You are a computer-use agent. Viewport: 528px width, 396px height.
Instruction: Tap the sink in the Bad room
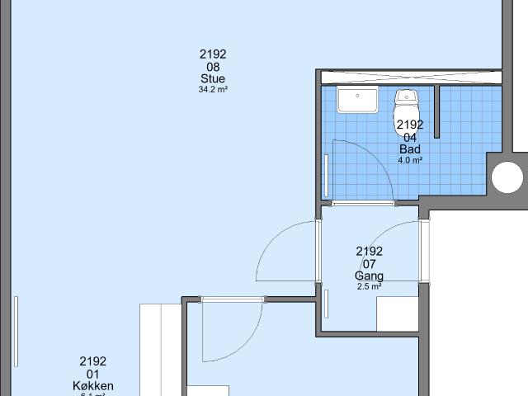pos(357,101)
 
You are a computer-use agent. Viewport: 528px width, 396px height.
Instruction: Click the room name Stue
pos(212,79)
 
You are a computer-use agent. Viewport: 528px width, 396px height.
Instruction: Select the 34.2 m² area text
pos(212,90)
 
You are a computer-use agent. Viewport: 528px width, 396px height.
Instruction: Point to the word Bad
pos(410,149)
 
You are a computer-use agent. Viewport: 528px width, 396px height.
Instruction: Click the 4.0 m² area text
pos(410,160)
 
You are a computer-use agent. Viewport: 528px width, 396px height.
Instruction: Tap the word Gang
pos(369,276)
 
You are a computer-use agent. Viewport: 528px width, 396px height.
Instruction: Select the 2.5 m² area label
pos(369,286)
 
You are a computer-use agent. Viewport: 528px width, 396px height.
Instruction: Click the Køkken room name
pos(92,385)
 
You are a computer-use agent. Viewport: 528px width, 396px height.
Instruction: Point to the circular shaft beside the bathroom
pos(507,177)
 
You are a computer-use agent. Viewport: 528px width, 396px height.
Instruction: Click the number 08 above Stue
pos(212,67)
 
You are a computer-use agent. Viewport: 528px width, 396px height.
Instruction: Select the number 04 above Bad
pos(410,137)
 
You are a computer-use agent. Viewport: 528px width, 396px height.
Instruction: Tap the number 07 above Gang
pos(369,263)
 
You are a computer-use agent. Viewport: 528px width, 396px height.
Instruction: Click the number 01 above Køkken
pos(92,373)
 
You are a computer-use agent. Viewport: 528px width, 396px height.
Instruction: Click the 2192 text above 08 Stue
pos(212,54)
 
